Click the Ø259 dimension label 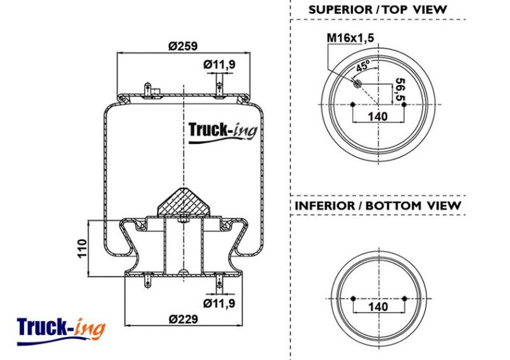pos(183,46)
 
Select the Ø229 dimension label pos(184,319)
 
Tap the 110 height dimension pos(82,248)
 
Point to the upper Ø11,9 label pos(219,64)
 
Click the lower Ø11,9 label pos(219,303)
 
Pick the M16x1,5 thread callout pos(350,38)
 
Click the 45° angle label pos(363,66)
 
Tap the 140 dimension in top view pos(378,116)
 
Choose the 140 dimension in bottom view pos(378,306)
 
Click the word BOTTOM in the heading pos(393,206)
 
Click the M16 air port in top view pos(357,84)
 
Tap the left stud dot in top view pos(353,104)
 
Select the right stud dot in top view pos(404,104)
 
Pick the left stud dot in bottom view pos(353,299)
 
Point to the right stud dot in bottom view pos(404,299)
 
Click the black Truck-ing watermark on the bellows pos(222,132)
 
